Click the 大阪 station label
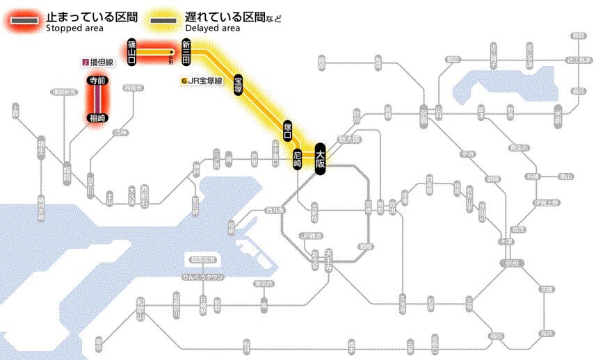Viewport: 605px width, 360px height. click(x=320, y=158)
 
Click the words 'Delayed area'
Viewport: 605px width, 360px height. click(x=213, y=28)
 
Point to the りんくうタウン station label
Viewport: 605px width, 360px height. click(x=202, y=277)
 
